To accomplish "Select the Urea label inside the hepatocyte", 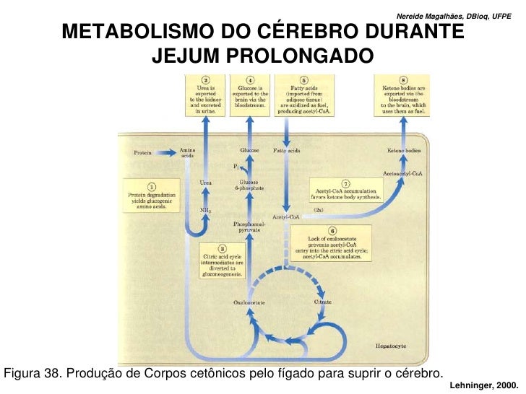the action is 206,182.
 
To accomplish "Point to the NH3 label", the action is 205,210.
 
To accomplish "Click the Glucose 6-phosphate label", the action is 249,185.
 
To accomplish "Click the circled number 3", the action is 223,248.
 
